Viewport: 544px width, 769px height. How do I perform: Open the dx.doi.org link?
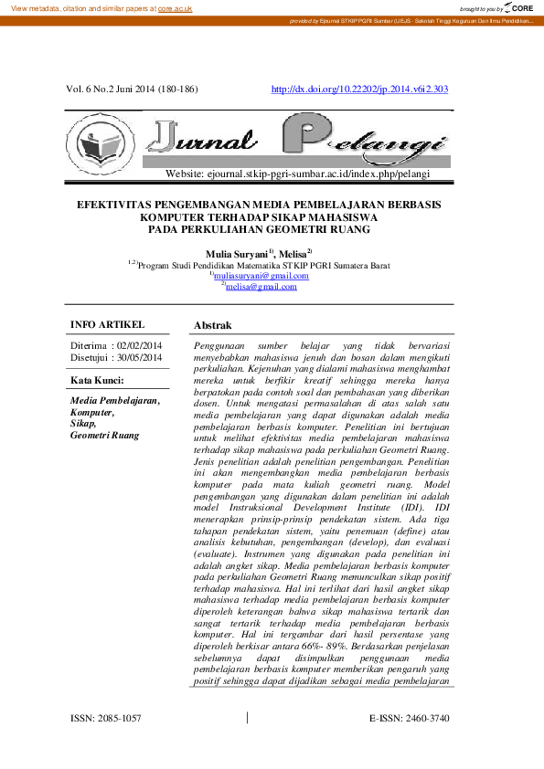tap(360, 90)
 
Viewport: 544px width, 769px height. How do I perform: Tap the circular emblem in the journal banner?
tap(100, 142)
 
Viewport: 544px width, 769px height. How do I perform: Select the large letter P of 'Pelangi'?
tap(304, 137)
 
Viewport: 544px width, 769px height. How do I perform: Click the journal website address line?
tap(297, 173)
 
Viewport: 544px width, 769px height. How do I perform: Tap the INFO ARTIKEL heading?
tap(107, 324)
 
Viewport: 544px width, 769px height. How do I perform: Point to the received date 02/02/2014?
tap(140, 345)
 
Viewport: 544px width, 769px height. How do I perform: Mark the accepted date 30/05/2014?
tap(140, 358)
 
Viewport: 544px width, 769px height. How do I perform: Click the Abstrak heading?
tap(212, 325)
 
